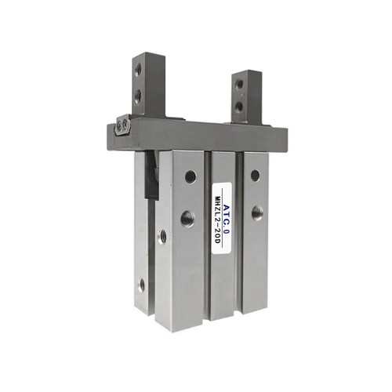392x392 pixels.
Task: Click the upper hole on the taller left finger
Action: (x=138, y=70)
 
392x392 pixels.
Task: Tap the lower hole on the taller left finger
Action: (x=138, y=96)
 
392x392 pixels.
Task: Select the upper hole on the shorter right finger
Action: (x=239, y=84)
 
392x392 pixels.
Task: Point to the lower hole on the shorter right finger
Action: (x=238, y=106)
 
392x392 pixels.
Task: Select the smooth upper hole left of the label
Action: (x=191, y=176)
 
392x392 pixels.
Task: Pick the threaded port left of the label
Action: (x=187, y=219)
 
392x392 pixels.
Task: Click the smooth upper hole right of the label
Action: (x=256, y=176)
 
